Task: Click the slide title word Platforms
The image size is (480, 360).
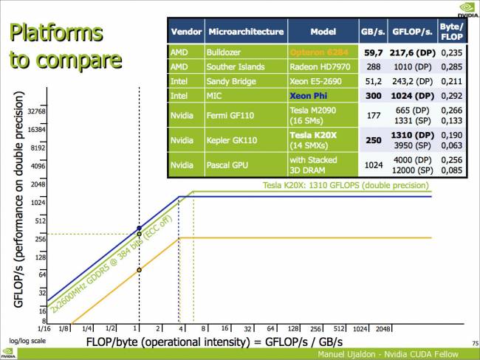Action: (55, 32)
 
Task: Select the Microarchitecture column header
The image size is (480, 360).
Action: (246, 32)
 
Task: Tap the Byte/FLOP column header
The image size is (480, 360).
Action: (451, 32)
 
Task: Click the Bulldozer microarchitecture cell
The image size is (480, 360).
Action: (227, 53)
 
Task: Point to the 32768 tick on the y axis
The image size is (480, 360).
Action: (36, 111)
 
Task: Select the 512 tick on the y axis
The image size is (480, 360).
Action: (40, 220)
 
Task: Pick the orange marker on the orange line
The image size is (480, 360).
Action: (139, 270)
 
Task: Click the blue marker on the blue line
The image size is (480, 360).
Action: (139, 228)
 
